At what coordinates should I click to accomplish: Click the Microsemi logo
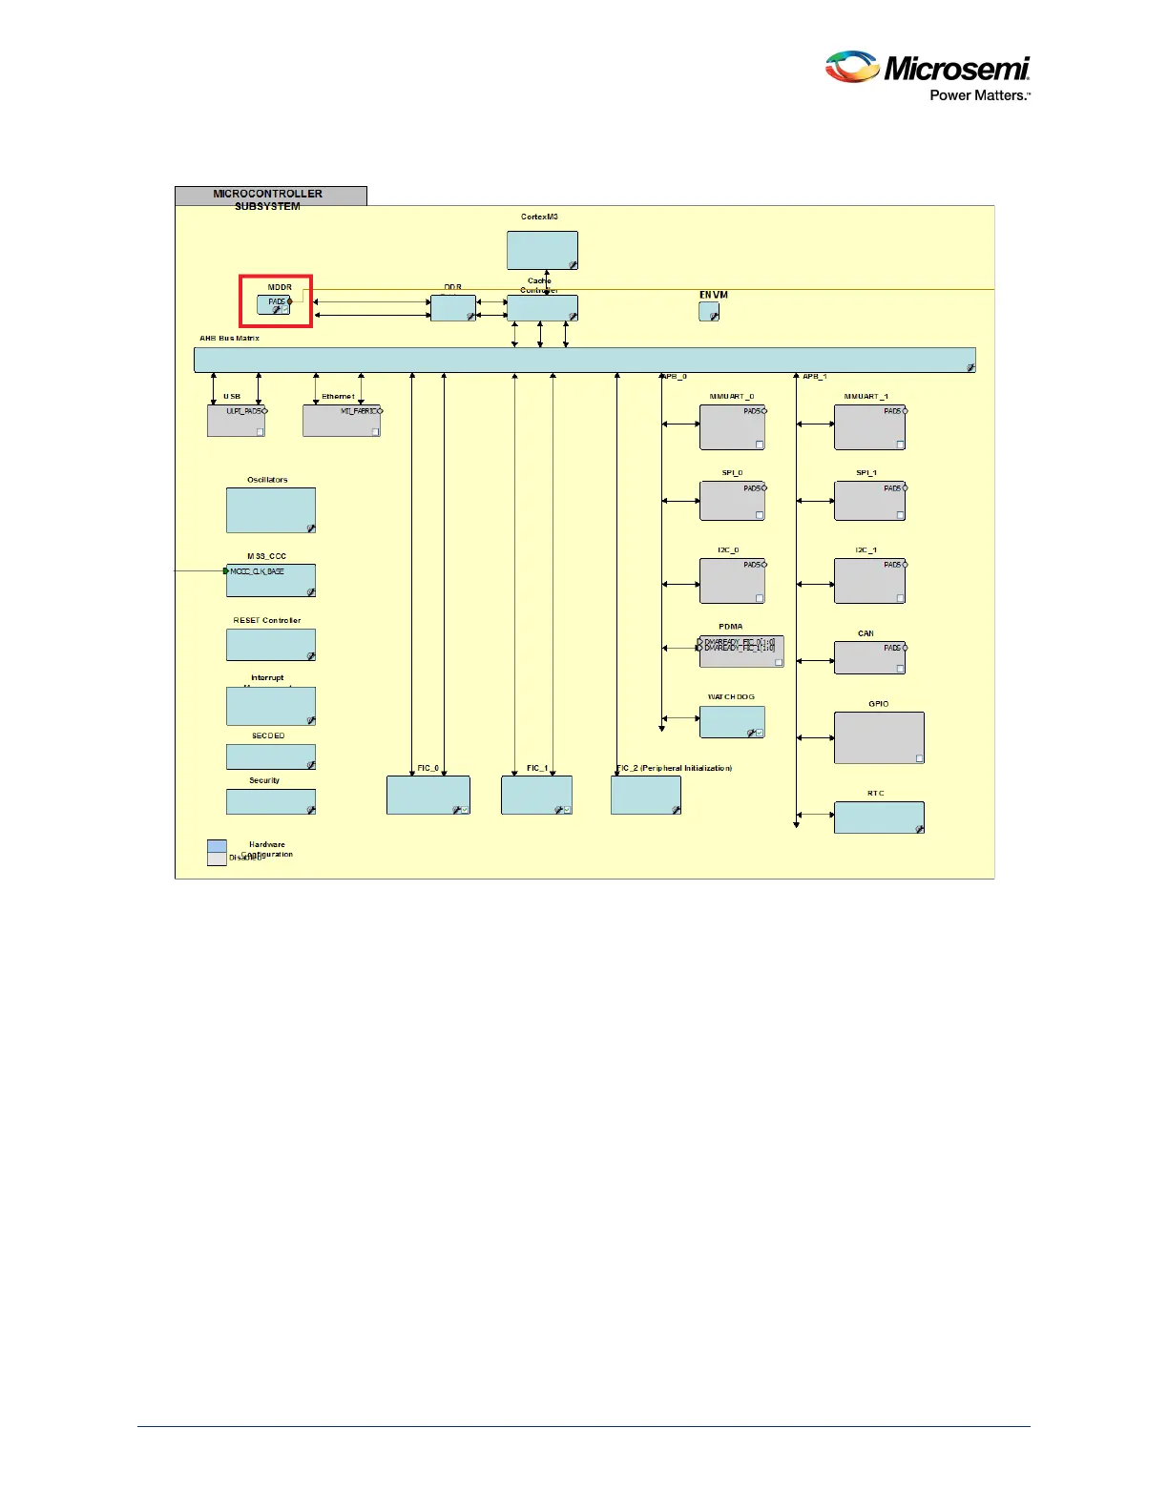coord(927,75)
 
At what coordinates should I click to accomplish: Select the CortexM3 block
coord(542,250)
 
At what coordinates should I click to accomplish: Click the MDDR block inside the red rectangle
coord(273,304)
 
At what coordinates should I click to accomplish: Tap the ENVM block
coord(708,311)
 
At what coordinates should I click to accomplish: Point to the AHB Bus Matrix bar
coord(584,360)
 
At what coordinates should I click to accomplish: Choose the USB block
coord(236,421)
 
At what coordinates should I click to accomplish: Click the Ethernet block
coord(342,421)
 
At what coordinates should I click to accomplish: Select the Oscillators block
coord(271,510)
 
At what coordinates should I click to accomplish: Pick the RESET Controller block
coord(271,645)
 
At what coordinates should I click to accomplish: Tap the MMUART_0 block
coord(732,426)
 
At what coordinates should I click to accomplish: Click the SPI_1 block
coord(869,501)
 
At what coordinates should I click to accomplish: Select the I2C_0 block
coord(732,580)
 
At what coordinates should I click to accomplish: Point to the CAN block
coord(869,657)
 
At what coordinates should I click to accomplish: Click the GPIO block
coord(879,737)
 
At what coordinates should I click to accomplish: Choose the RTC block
coord(879,818)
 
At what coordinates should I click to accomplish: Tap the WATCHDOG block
coord(732,722)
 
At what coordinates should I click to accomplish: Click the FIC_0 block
coord(428,795)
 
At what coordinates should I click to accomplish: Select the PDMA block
coord(741,652)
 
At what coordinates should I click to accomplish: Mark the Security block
coord(271,801)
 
